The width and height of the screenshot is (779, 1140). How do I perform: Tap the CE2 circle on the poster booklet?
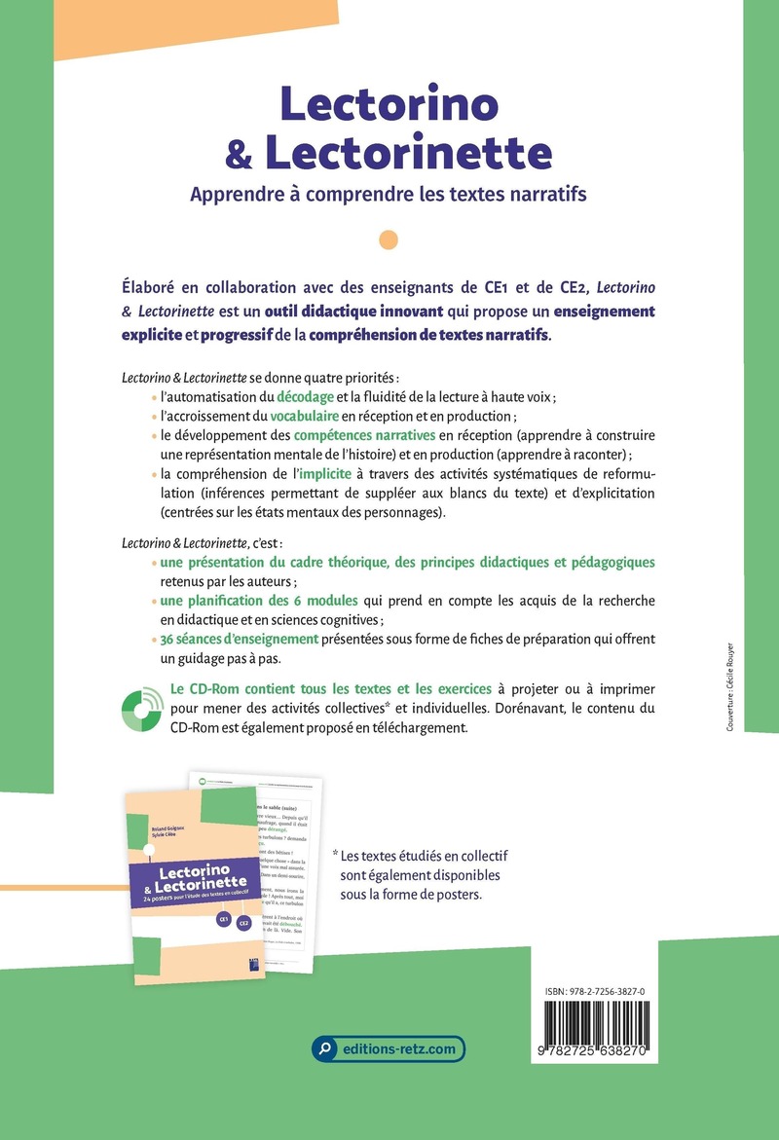[x=244, y=924]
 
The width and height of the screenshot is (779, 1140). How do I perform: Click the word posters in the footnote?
[x=448, y=895]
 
